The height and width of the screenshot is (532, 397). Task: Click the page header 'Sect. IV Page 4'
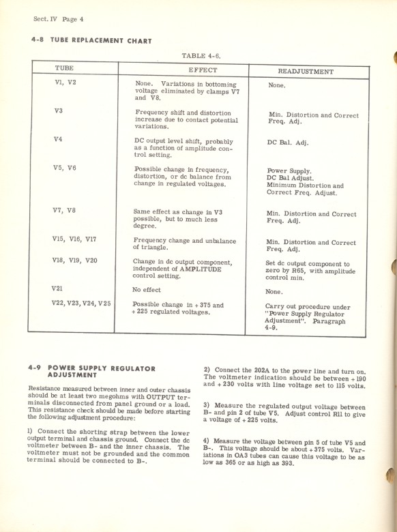pos(58,18)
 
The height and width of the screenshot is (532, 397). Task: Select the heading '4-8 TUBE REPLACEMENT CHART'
pos(91,41)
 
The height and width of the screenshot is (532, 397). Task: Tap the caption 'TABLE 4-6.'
pos(201,55)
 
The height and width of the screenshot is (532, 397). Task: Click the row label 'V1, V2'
pos(65,83)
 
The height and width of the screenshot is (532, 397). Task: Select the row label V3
pos(58,111)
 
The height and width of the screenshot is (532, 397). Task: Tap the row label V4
pos(58,140)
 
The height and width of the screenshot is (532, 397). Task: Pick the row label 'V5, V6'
pos(65,168)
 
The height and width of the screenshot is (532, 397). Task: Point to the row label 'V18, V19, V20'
pos(74,261)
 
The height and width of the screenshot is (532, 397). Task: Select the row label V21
pos(57,289)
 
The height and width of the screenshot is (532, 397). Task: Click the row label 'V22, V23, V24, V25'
pos(81,303)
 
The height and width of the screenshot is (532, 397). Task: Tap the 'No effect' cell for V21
pos(151,289)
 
